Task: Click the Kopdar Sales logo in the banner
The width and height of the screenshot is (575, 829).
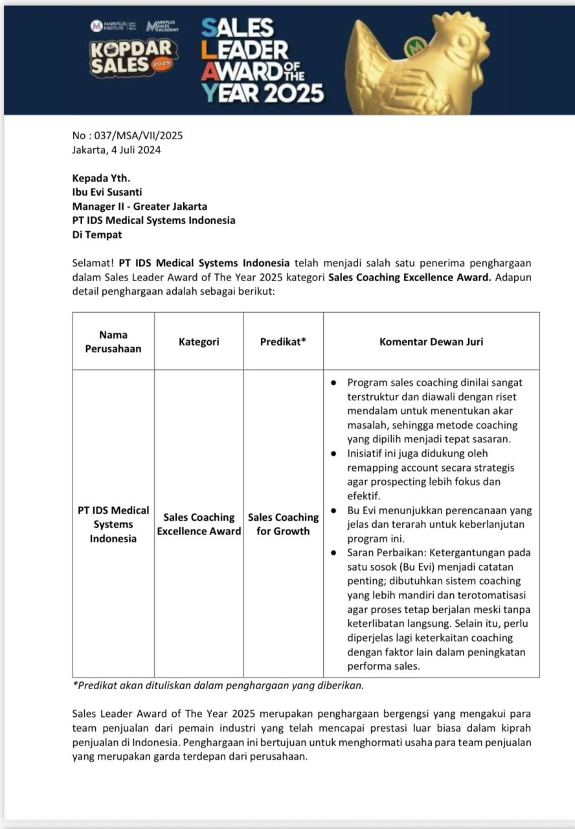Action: pos(133,57)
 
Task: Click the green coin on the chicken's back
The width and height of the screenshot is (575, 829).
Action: pos(416,47)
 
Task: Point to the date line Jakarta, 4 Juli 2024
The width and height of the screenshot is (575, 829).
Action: pos(117,150)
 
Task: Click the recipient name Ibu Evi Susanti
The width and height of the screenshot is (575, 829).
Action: pos(107,192)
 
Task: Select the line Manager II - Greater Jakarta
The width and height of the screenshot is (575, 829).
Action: pos(140,206)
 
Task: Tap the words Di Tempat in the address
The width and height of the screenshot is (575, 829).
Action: pos(97,234)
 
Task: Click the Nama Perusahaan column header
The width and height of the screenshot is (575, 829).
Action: pos(113,341)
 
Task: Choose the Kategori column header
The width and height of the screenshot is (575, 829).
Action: pos(199,341)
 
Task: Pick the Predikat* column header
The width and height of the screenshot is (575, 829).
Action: pos(283,341)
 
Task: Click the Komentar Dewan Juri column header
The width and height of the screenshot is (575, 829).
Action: pos(431,341)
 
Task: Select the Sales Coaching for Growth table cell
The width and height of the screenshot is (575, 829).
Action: pos(283,524)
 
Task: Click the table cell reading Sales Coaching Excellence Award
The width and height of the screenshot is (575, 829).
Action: pos(199,524)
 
